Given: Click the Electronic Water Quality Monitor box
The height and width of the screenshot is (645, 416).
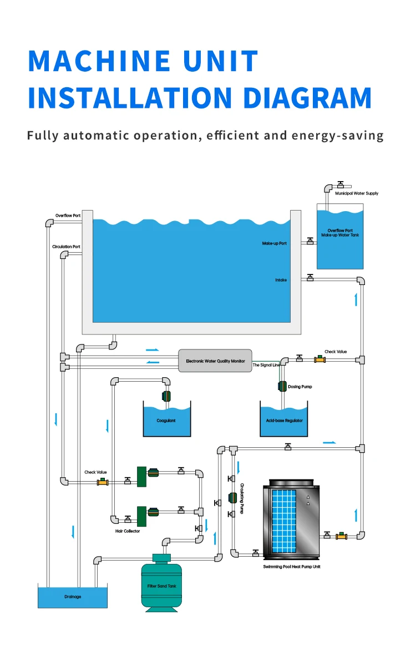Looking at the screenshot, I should coord(215,361).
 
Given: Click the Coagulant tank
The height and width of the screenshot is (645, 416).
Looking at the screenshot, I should coord(166,421).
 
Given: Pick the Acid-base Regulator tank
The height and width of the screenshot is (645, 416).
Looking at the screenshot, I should coord(284,421).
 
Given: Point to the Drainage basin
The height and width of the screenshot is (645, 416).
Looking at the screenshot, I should coord(72,596).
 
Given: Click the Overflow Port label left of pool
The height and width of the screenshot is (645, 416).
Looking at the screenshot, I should coord(68,216).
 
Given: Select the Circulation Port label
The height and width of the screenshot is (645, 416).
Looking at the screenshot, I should coord(66,247).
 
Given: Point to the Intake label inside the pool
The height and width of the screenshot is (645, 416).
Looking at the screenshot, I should coord(281,280).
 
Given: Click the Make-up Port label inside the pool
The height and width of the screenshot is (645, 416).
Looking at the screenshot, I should coord(275,243).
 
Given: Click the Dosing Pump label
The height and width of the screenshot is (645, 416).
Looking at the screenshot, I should coord(300,387).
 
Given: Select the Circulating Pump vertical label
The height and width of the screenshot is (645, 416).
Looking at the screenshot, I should coord(242,498).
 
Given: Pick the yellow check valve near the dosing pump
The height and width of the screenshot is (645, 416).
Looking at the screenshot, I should coord(319,359).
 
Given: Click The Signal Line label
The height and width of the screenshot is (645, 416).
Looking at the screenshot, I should coord(266,365).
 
